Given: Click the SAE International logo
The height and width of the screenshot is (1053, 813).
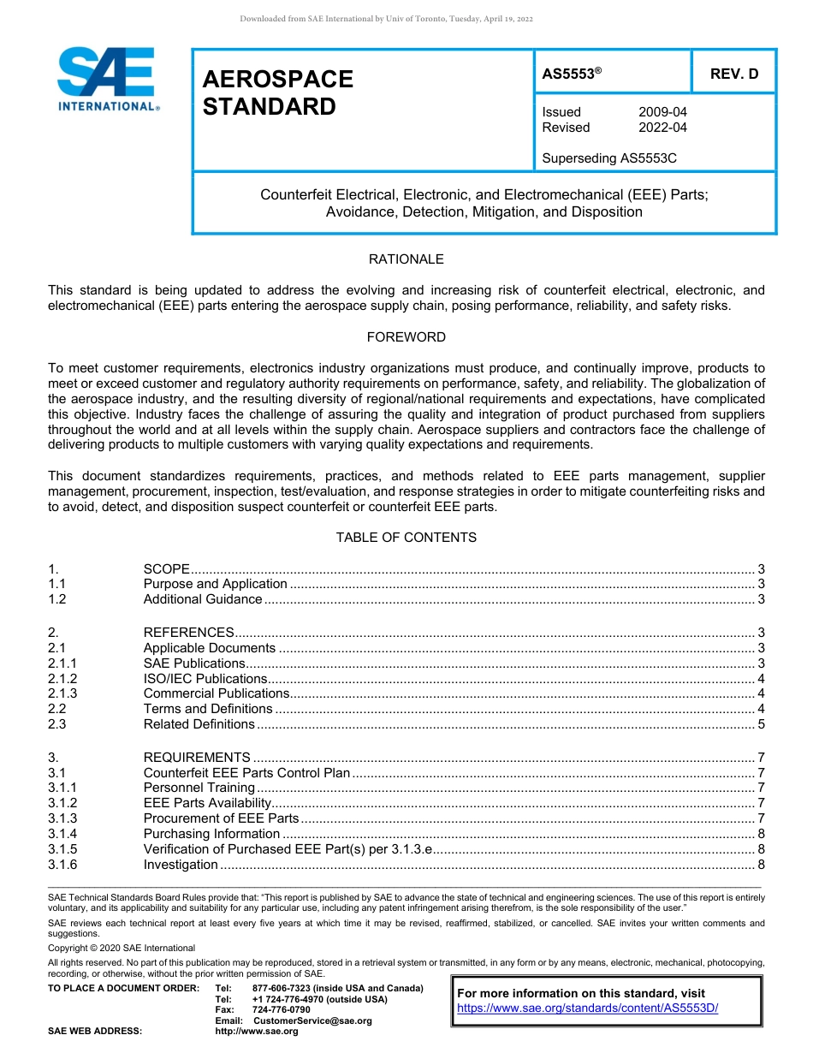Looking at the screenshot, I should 106,79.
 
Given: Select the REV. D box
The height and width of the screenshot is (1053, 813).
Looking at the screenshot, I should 733,74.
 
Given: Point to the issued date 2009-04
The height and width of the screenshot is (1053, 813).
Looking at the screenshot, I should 662,112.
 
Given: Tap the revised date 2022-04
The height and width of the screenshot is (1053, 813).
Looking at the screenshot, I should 662,128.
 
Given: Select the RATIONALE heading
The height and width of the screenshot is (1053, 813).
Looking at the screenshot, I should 406,259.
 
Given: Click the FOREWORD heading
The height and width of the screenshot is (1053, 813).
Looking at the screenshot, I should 406,337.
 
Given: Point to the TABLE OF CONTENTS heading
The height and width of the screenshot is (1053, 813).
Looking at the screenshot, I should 406,538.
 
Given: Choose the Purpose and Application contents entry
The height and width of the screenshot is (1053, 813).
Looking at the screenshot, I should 215,584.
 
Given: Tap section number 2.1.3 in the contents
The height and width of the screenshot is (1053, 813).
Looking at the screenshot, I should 62,693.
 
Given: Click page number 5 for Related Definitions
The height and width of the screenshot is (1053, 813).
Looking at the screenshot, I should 761,724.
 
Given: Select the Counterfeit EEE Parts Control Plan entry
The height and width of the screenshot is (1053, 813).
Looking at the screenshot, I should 246,772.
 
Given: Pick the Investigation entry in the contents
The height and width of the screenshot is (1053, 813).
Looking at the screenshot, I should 181,865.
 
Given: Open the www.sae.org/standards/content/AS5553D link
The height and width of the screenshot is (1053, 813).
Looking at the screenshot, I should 588,1008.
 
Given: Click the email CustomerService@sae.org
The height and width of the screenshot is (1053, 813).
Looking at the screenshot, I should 312,1020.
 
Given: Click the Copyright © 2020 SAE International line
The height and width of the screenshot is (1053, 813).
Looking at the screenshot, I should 122,948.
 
